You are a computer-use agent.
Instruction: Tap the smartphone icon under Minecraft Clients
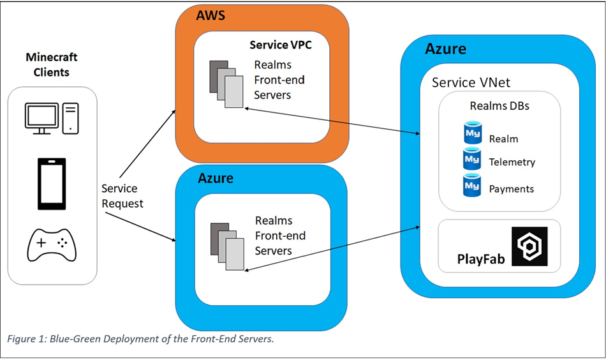tap(52, 184)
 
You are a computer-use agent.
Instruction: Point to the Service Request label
tap(122, 196)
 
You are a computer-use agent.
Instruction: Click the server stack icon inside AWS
tap(226, 84)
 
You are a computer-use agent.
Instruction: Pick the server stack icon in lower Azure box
tap(227, 245)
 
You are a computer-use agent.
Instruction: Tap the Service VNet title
tap(471, 83)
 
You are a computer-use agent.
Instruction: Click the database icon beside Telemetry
tap(472, 159)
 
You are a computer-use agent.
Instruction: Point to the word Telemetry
tap(512, 162)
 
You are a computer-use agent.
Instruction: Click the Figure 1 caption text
tap(140, 339)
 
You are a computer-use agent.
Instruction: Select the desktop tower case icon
tap(71, 118)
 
